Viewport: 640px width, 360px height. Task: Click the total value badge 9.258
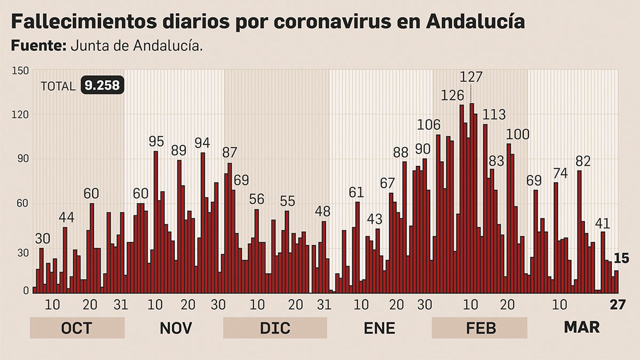click(102, 86)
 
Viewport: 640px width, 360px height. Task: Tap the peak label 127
click(471, 76)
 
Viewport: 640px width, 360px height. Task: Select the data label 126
click(452, 96)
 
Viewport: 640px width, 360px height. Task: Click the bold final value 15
click(621, 259)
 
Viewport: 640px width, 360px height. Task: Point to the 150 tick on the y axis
click(21, 71)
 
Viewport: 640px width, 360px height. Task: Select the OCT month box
click(77, 328)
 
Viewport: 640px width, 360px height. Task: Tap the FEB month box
click(479, 328)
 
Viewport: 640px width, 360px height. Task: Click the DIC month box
click(275, 328)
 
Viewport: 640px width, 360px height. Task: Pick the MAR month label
click(582, 327)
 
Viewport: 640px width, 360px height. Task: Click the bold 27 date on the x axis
click(617, 305)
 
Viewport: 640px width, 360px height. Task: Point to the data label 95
click(156, 142)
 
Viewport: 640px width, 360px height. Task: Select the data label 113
click(494, 115)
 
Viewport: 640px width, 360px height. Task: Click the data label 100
click(518, 134)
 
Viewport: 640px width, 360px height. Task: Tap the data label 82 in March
click(583, 161)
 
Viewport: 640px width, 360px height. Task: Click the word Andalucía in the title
click(475, 22)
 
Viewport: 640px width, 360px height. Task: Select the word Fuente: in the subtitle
click(38, 46)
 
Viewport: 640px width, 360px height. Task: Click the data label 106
click(428, 125)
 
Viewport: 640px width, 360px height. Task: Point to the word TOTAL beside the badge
click(58, 86)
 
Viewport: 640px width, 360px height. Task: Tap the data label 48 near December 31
click(323, 211)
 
